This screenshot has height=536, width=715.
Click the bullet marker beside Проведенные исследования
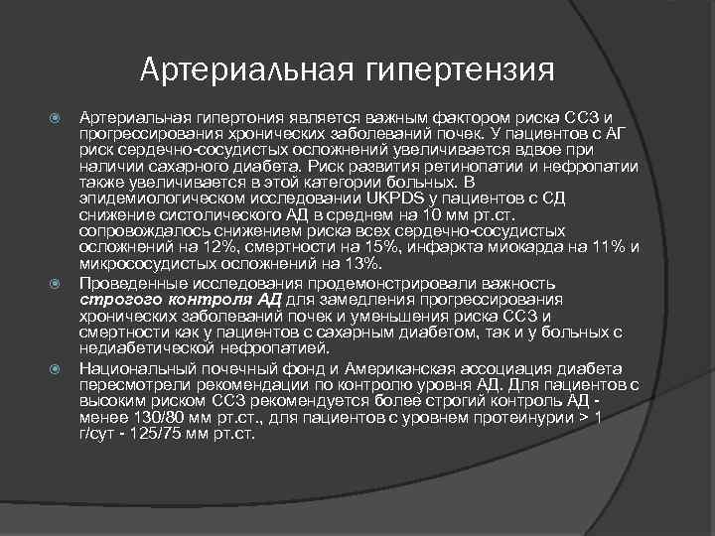tap(57, 285)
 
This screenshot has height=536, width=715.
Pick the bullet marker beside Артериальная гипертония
tap(57, 118)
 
